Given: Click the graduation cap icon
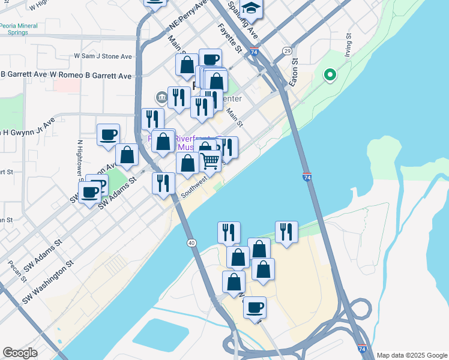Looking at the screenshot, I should [252, 7].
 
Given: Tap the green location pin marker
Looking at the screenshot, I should [330, 76].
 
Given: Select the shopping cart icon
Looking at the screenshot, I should [209, 160].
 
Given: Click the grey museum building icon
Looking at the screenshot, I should [161, 97].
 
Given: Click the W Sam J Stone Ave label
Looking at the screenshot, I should [103, 56].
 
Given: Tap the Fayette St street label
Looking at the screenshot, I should [229, 38].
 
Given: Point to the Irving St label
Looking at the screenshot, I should [348, 43].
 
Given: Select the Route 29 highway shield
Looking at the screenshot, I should [288, 50].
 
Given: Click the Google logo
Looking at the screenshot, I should [20, 353].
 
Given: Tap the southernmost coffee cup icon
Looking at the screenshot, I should [255, 308].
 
